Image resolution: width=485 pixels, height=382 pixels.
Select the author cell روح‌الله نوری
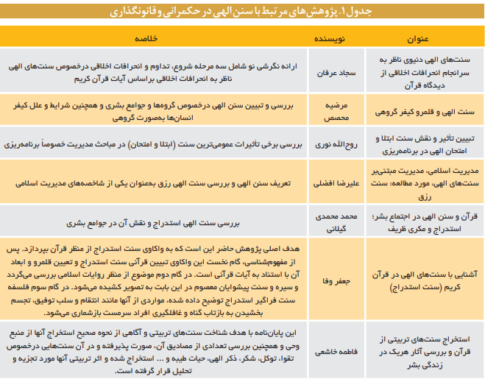330,146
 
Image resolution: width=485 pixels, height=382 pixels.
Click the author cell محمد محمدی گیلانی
330,220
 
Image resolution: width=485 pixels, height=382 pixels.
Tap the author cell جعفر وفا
330,280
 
